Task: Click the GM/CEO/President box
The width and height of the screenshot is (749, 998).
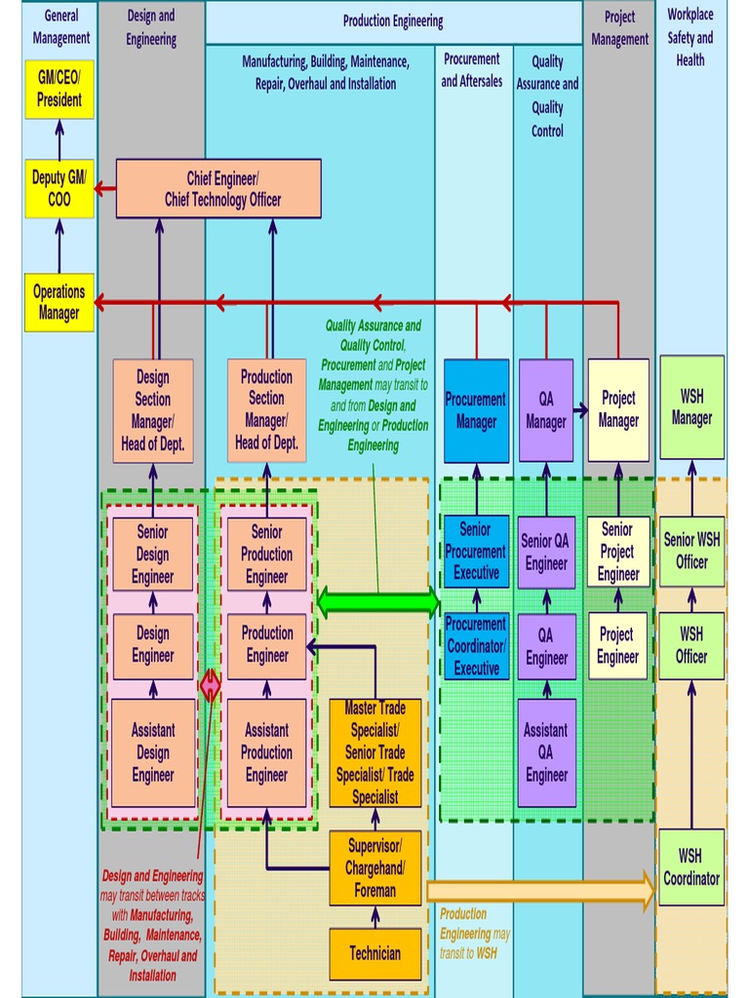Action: (x=59, y=89)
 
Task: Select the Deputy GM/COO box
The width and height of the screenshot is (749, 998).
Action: (x=59, y=189)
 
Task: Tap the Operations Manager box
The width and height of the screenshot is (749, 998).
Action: (x=59, y=302)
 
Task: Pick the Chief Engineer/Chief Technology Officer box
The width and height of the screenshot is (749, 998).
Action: (x=218, y=189)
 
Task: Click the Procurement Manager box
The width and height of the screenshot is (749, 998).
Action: (x=476, y=410)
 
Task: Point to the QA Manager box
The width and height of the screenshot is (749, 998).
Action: (x=546, y=410)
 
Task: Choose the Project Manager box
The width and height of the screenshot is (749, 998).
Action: (x=618, y=410)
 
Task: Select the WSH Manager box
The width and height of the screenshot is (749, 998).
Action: (x=691, y=407)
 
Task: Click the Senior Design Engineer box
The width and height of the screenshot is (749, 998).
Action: (x=152, y=554)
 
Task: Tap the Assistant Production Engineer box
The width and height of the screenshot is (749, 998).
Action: (x=266, y=752)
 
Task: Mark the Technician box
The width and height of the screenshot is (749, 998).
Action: (x=375, y=953)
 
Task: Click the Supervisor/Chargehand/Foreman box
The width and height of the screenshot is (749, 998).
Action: (x=375, y=867)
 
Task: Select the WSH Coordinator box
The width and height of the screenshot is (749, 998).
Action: (x=691, y=866)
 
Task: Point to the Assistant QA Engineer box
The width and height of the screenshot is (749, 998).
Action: (x=546, y=752)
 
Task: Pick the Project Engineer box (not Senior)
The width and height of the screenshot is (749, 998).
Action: (x=618, y=645)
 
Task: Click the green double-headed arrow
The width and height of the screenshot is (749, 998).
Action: (x=378, y=602)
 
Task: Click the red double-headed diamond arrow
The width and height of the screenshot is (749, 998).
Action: (x=210, y=686)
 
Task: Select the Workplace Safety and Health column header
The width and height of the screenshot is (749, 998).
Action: (x=690, y=37)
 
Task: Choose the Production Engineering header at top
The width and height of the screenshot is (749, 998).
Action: (x=393, y=21)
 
